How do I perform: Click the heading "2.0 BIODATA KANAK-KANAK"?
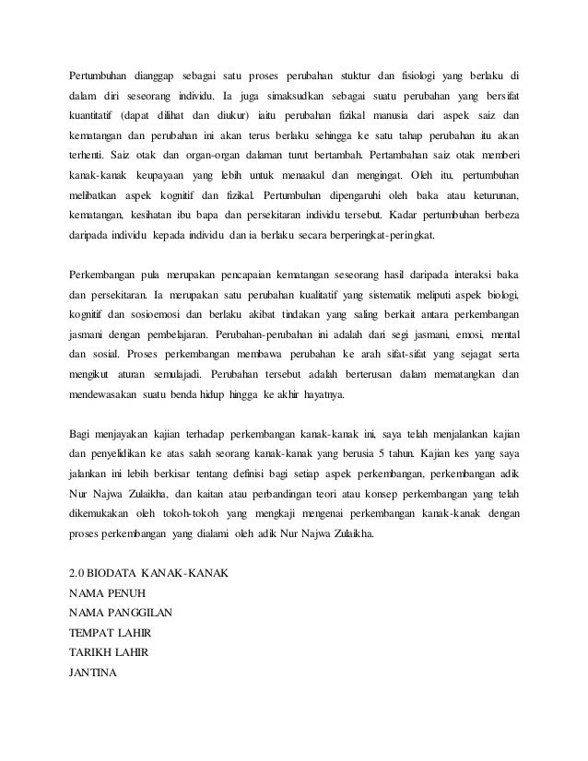pos(147,574)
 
